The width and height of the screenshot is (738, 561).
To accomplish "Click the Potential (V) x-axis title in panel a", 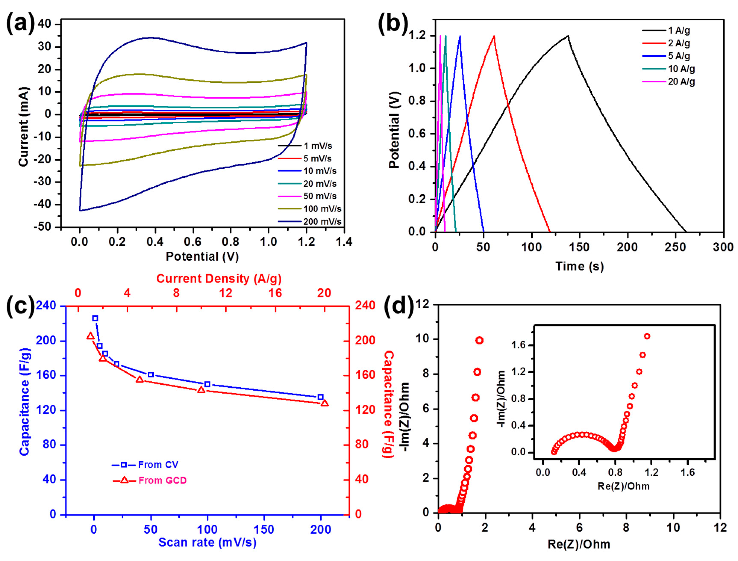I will (x=202, y=257).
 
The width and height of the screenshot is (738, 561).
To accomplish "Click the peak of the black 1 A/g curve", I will (x=567, y=36).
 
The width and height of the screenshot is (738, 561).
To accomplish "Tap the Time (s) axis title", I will (x=579, y=266).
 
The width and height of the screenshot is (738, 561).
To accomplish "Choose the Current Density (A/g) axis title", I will (x=219, y=279).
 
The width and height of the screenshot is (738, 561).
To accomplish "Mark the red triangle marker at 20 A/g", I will (x=325, y=403).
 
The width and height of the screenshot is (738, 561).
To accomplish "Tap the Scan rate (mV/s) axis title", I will (x=207, y=542).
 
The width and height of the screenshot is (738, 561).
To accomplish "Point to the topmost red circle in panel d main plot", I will (x=480, y=340).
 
